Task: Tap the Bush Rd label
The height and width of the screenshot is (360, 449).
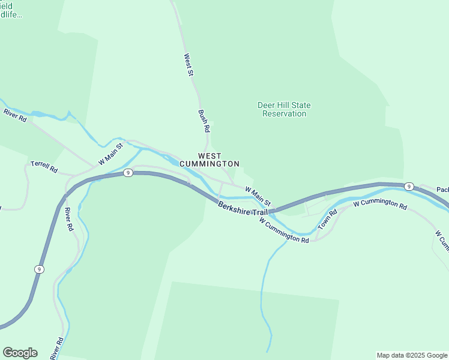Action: pos(204,121)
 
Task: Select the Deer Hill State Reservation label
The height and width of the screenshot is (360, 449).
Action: pos(284,109)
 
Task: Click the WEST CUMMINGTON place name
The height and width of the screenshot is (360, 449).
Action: pos(218,160)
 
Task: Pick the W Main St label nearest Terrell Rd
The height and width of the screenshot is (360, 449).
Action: pos(110,154)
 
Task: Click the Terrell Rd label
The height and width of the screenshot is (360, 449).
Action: pos(44,167)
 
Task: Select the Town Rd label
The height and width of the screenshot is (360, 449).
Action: pos(328,220)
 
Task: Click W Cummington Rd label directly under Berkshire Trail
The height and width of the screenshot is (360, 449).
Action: pos(284,230)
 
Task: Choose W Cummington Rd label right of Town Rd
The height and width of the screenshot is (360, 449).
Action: pos(380,204)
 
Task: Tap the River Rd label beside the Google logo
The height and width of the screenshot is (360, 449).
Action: pos(56,347)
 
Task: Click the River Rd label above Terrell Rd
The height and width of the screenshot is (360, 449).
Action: pos(15,115)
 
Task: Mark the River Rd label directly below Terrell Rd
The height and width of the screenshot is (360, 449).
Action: pos(68,220)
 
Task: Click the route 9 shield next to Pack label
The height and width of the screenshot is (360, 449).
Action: pos(408,186)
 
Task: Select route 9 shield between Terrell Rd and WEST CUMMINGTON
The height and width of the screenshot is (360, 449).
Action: pos(127,173)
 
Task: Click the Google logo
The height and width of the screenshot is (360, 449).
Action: pos(20,353)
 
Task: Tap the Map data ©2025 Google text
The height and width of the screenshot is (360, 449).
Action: pos(412,355)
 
